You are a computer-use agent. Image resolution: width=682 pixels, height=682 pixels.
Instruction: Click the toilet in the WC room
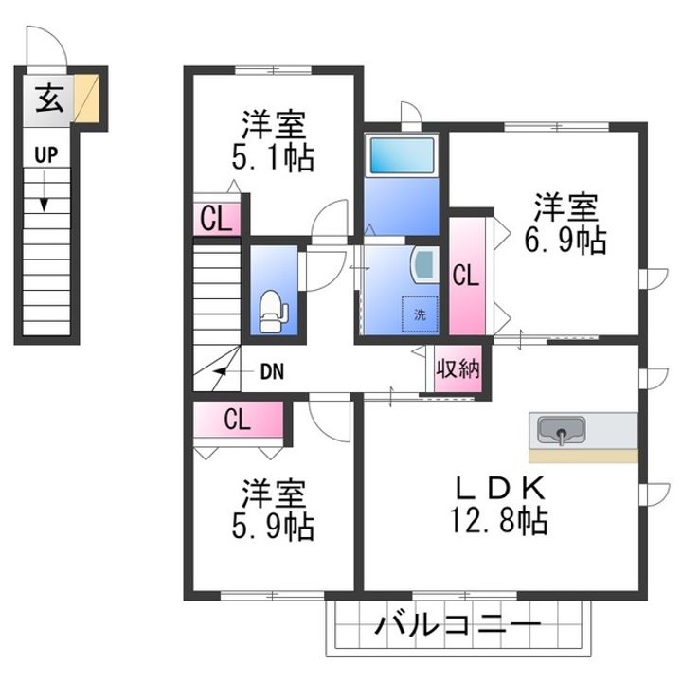pyautogui.click(x=273, y=312)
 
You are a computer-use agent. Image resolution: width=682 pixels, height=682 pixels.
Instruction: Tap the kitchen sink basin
pyautogui.click(x=561, y=430)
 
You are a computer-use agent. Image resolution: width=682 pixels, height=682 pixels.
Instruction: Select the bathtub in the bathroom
pyautogui.click(x=402, y=155)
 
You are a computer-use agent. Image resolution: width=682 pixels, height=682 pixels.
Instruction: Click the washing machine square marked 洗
pyautogui.click(x=420, y=314)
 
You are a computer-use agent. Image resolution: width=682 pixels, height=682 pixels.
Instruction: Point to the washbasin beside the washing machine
pyautogui.click(x=424, y=265)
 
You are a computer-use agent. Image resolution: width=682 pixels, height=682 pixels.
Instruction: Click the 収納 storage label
pyautogui.click(x=458, y=369)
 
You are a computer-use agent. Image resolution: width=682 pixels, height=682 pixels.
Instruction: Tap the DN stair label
pyautogui.click(x=272, y=372)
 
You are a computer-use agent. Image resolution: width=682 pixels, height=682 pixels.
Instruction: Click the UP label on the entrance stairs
pyautogui.click(x=46, y=155)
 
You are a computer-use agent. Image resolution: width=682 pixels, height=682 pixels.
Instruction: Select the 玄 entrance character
pyautogui.click(x=49, y=99)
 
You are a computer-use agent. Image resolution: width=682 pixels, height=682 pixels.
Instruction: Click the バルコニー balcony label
pyautogui.click(x=458, y=626)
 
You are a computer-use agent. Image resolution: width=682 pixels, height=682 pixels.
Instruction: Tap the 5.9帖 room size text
pyautogui.click(x=273, y=527)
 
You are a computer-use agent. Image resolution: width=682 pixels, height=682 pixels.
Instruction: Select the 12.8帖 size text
pyautogui.click(x=498, y=520)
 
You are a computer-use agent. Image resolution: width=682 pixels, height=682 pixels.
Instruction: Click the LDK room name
pyautogui.click(x=500, y=489)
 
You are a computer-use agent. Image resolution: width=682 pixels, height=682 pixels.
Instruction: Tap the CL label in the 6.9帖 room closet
pyautogui.click(x=466, y=276)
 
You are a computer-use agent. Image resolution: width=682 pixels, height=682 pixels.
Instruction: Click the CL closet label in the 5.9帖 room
pyautogui.click(x=238, y=420)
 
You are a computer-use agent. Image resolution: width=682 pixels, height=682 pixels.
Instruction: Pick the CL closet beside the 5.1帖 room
pyautogui.click(x=217, y=219)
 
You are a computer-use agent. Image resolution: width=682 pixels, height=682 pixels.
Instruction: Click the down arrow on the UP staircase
pyautogui.click(x=44, y=191)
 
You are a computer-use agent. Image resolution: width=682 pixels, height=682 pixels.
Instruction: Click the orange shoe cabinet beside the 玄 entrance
pyautogui.click(x=86, y=99)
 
